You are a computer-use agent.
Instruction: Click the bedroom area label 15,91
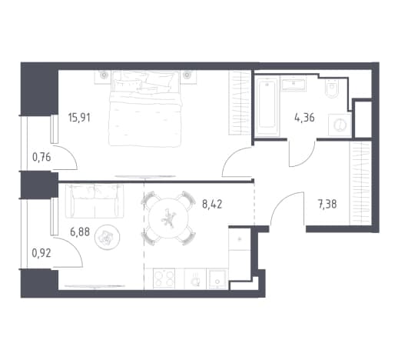[x=79, y=118]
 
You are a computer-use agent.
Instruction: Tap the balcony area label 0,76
[x=41, y=157]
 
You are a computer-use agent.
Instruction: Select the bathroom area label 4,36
[x=304, y=118]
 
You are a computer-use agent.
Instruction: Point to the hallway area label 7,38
[x=327, y=205]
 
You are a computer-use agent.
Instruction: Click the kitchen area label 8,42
[x=212, y=205]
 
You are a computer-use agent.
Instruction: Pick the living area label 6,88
[x=80, y=232]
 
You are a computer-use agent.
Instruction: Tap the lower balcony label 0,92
[x=41, y=253]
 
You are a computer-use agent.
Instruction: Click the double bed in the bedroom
[x=145, y=108]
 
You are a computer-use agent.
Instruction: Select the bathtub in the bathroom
[x=267, y=106]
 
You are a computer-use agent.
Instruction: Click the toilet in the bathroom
[x=332, y=88]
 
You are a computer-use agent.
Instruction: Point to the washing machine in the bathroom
[x=340, y=125]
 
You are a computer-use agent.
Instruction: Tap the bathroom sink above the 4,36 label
[x=294, y=83]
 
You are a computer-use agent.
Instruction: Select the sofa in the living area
[x=95, y=202]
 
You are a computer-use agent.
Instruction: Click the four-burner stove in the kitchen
[x=164, y=278]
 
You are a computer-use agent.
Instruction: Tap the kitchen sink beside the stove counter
[x=217, y=279]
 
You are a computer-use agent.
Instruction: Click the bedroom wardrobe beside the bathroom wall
[x=240, y=102]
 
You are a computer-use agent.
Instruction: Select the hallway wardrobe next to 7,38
[x=360, y=183]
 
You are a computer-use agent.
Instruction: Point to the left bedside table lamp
[x=104, y=75]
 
